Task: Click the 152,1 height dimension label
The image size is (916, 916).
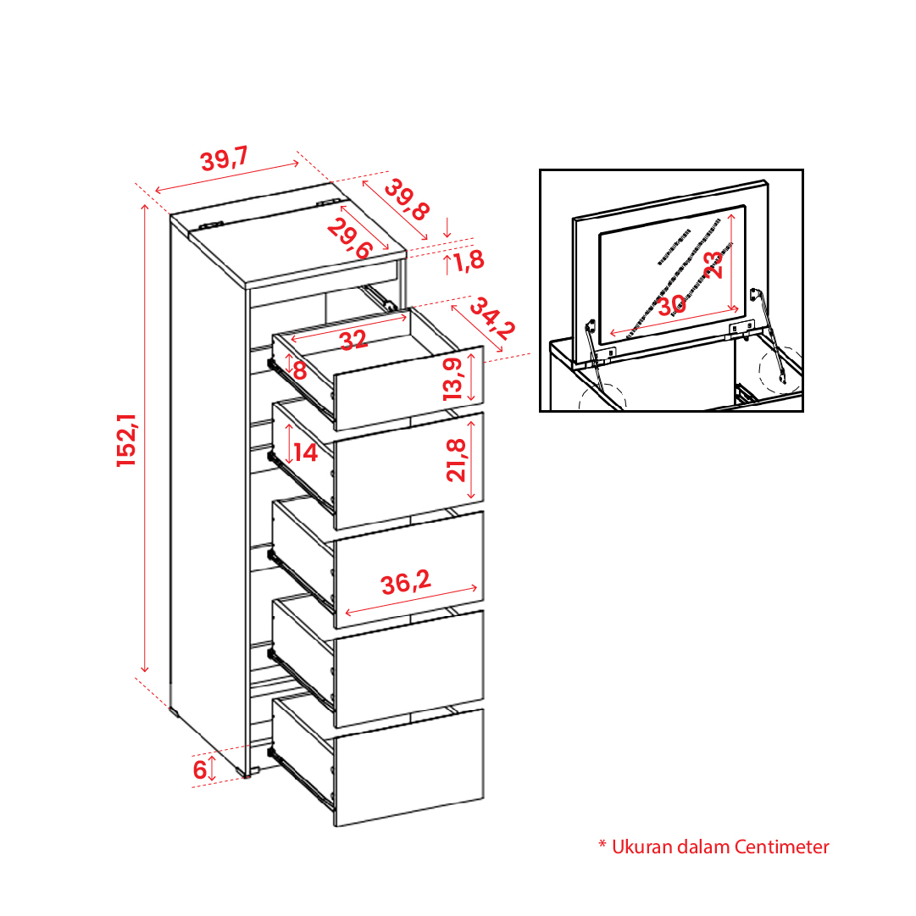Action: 127,440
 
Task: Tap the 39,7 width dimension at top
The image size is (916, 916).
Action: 225,159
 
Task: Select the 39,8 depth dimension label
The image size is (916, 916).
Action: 408,200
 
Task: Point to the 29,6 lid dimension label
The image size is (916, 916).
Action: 349,238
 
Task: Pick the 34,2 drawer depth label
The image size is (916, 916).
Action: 492,319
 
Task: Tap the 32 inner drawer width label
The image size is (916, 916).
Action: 353,340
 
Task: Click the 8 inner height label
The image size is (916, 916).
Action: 300,369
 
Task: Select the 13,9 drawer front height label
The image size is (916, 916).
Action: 453,379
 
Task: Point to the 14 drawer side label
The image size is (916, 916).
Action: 306,452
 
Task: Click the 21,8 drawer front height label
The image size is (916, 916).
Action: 456,460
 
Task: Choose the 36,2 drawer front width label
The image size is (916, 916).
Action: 406,582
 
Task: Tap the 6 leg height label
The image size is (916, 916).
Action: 200,769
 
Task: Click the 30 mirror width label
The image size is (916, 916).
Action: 672,304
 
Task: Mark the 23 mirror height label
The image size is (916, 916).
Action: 713,264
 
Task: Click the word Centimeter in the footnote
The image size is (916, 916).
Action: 781,847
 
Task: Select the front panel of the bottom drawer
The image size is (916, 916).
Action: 409,768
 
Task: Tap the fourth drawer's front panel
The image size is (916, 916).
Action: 409,669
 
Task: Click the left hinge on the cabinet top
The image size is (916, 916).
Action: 211,225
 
